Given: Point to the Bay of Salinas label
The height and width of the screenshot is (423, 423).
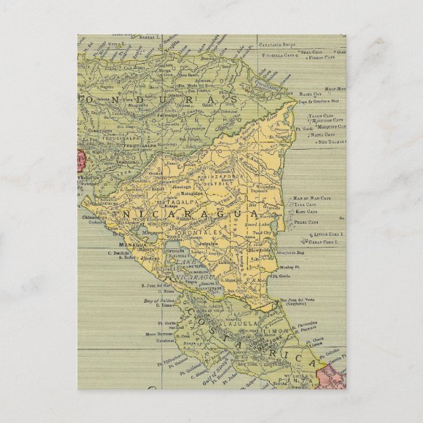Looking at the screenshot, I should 157,300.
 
